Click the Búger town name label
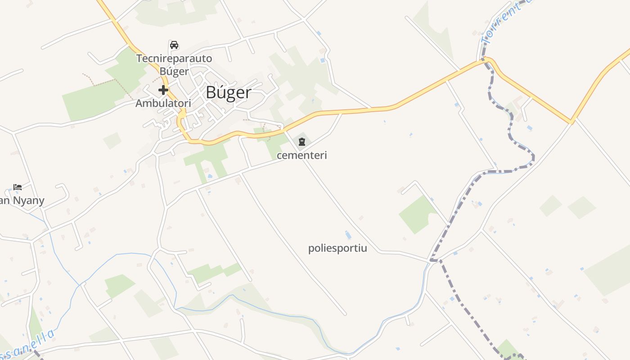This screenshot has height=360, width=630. pos(228,92)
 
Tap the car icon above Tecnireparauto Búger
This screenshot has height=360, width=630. pos(174,45)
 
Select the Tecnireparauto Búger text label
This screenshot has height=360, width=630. pos(174,65)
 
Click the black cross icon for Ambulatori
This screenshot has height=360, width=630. pos(163,90)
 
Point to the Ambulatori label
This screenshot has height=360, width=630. pos(163,103)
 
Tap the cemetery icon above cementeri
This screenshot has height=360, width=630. pos(301,142)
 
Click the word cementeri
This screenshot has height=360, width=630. pos(301,155)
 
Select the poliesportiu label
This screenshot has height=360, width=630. pos(337,248)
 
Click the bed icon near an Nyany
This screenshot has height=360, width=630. pos(18,187)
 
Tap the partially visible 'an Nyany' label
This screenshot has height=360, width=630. pos(22,200)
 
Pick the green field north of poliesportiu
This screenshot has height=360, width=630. pos(417,214)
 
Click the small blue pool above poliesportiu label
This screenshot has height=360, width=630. pos(348,235)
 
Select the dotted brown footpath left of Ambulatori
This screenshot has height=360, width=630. pos(106,81)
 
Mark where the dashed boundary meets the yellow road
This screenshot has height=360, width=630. pos(485,60)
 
